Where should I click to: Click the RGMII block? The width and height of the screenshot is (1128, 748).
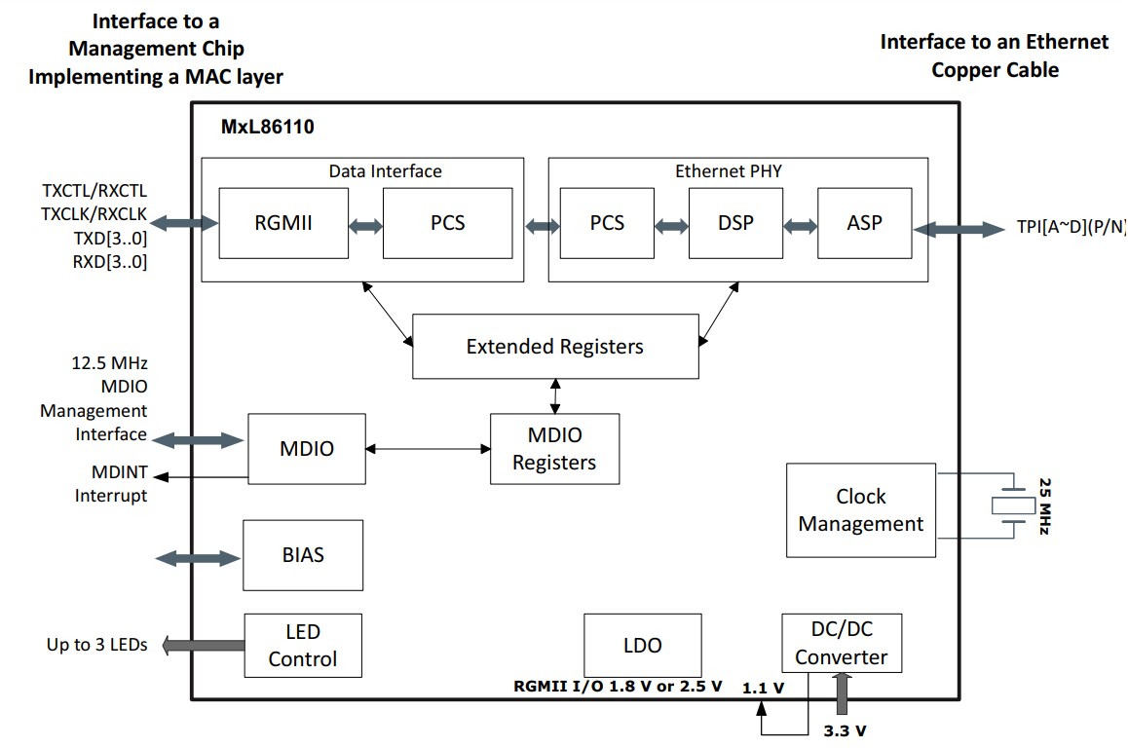pyautogui.click(x=282, y=223)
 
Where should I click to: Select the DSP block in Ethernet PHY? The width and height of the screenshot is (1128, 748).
pyautogui.click(x=735, y=223)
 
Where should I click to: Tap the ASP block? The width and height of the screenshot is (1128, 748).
pyautogui.click(x=864, y=223)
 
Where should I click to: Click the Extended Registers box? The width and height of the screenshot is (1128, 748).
pyautogui.click(x=555, y=347)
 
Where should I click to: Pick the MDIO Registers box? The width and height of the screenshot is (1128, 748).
pyautogui.click(x=554, y=449)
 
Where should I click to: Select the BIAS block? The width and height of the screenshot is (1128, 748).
pyautogui.click(x=302, y=555)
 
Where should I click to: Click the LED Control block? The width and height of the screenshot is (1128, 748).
pyautogui.click(x=302, y=646)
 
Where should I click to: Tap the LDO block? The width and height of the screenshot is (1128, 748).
pyautogui.click(x=642, y=645)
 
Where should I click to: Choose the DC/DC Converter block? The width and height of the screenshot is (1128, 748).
pyautogui.click(x=842, y=644)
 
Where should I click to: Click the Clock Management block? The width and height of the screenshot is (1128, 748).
pyautogui.click(x=860, y=510)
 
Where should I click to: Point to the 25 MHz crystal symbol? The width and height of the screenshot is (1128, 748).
pyautogui.click(x=1015, y=505)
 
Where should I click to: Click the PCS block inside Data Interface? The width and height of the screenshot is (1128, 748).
pyautogui.click(x=447, y=223)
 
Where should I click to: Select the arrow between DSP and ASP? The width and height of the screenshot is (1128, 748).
pyautogui.click(x=800, y=226)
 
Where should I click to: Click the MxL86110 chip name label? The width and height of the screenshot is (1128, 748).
pyautogui.click(x=267, y=127)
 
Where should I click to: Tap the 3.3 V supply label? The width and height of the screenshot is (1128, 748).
pyautogui.click(x=845, y=729)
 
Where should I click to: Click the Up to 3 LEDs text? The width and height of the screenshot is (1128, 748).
pyautogui.click(x=97, y=645)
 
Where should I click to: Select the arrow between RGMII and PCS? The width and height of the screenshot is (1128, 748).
pyautogui.click(x=365, y=226)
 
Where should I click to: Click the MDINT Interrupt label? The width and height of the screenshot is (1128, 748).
pyautogui.click(x=112, y=485)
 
